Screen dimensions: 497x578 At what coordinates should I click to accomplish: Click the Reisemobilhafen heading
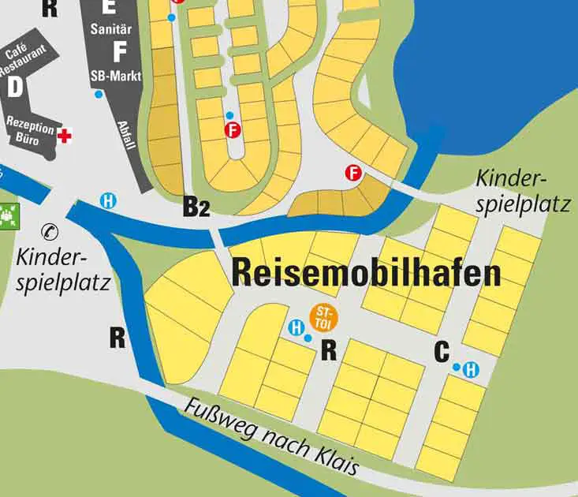tap(367, 273)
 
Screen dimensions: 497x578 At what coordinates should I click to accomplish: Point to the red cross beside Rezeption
tap(65, 136)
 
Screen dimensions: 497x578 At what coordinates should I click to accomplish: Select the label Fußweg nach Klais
tap(272, 439)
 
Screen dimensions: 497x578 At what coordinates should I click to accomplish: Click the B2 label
tap(196, 207)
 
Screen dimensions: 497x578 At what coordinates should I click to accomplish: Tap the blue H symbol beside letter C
tap(471, 368)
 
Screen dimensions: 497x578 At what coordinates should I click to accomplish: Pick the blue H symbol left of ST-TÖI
tap(296, 328)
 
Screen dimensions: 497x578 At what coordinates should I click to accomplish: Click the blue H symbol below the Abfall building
tap(109, 200)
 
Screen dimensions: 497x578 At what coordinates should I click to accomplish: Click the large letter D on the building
tap(14, 87)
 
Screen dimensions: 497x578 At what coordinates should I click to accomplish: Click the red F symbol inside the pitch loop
tap(232, 130)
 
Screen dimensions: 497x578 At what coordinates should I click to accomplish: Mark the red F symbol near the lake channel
tap(353, 173)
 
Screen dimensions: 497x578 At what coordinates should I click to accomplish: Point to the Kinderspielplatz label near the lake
tap(523, 192)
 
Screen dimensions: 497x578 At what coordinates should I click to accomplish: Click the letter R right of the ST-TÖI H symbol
tap(330, 349)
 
